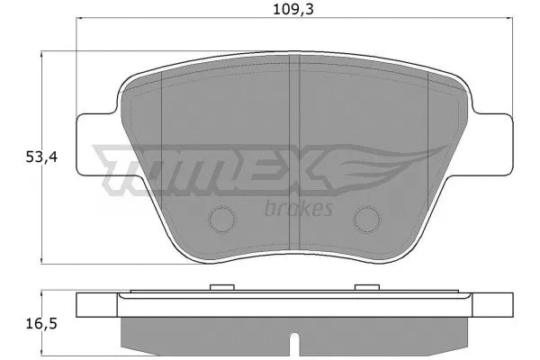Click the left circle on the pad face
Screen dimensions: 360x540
[220, 220]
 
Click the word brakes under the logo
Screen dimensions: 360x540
[300, 209]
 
